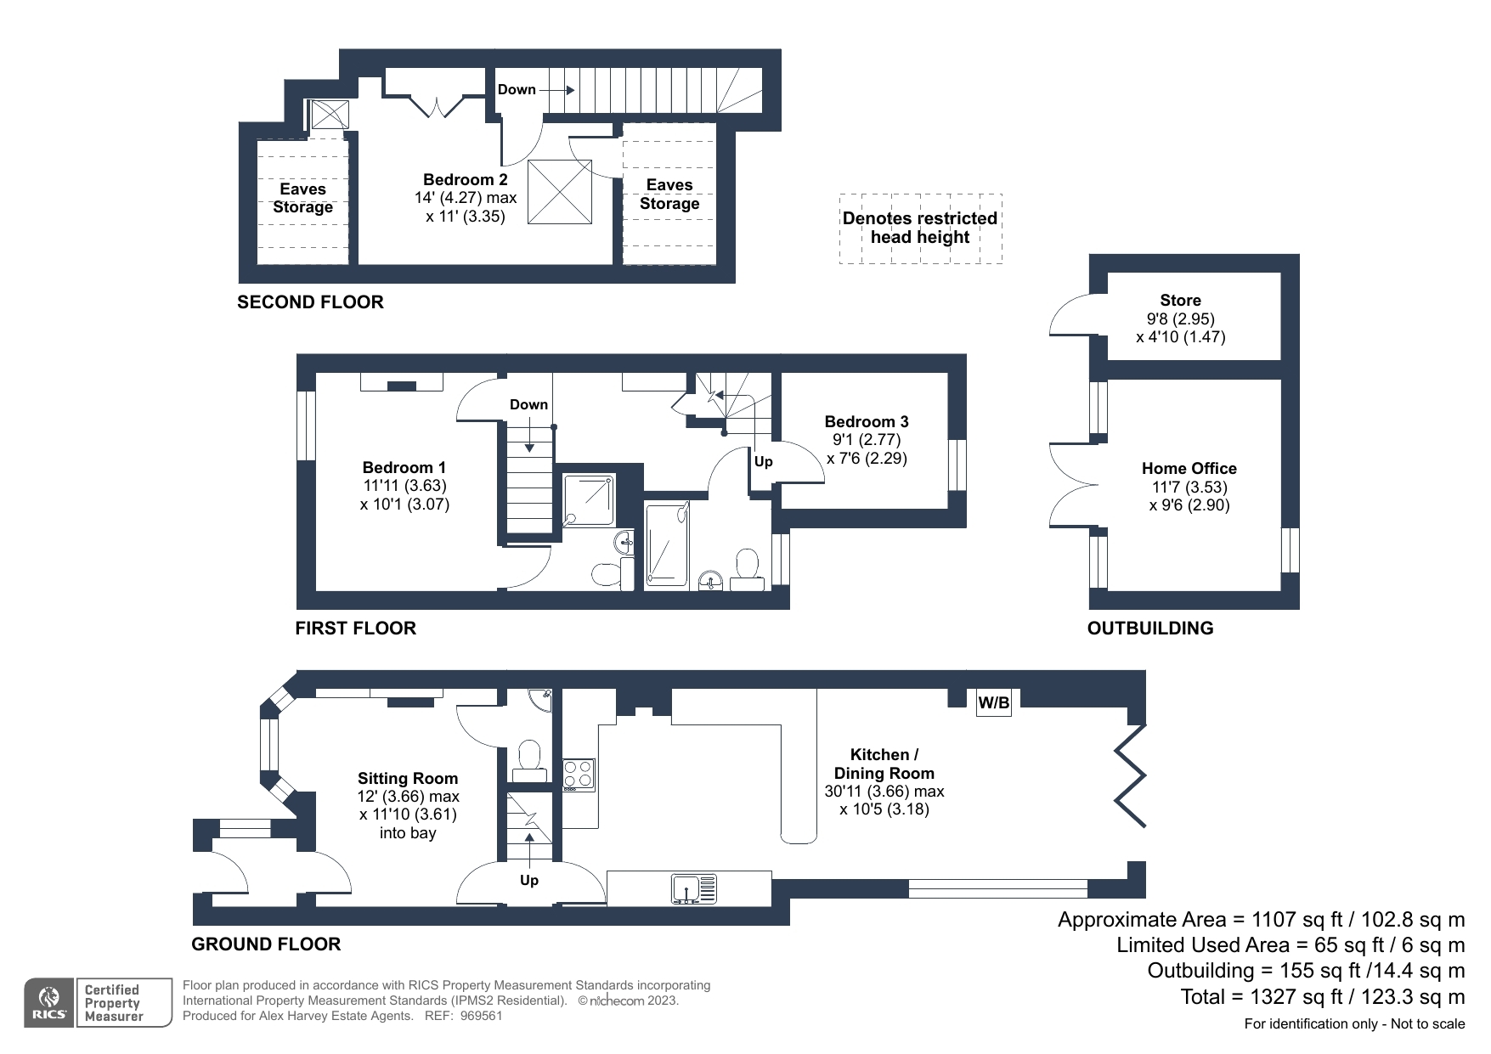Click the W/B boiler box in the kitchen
coord(993,703)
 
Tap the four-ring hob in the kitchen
coord(579,775)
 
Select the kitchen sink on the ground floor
coord(694,888)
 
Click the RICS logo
coord(49,1003)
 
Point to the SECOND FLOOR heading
coord(310,302)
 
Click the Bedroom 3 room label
coord(866,422)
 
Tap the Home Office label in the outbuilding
coord(1189,469)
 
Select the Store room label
coord(1180,301)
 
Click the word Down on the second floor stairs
coord(517,90)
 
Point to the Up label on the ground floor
coord(528,881)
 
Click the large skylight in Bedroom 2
coord(560,192)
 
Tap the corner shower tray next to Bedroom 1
coord(588,500)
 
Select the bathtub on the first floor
coord(667,543)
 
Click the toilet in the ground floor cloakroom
coord(529,756)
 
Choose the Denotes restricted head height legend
coord(919,228)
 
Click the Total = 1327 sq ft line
coord(1322,997)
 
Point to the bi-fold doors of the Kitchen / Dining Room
coord(1131,775)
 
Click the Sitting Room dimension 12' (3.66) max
coord(408,797)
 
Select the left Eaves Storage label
coord(302,199)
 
